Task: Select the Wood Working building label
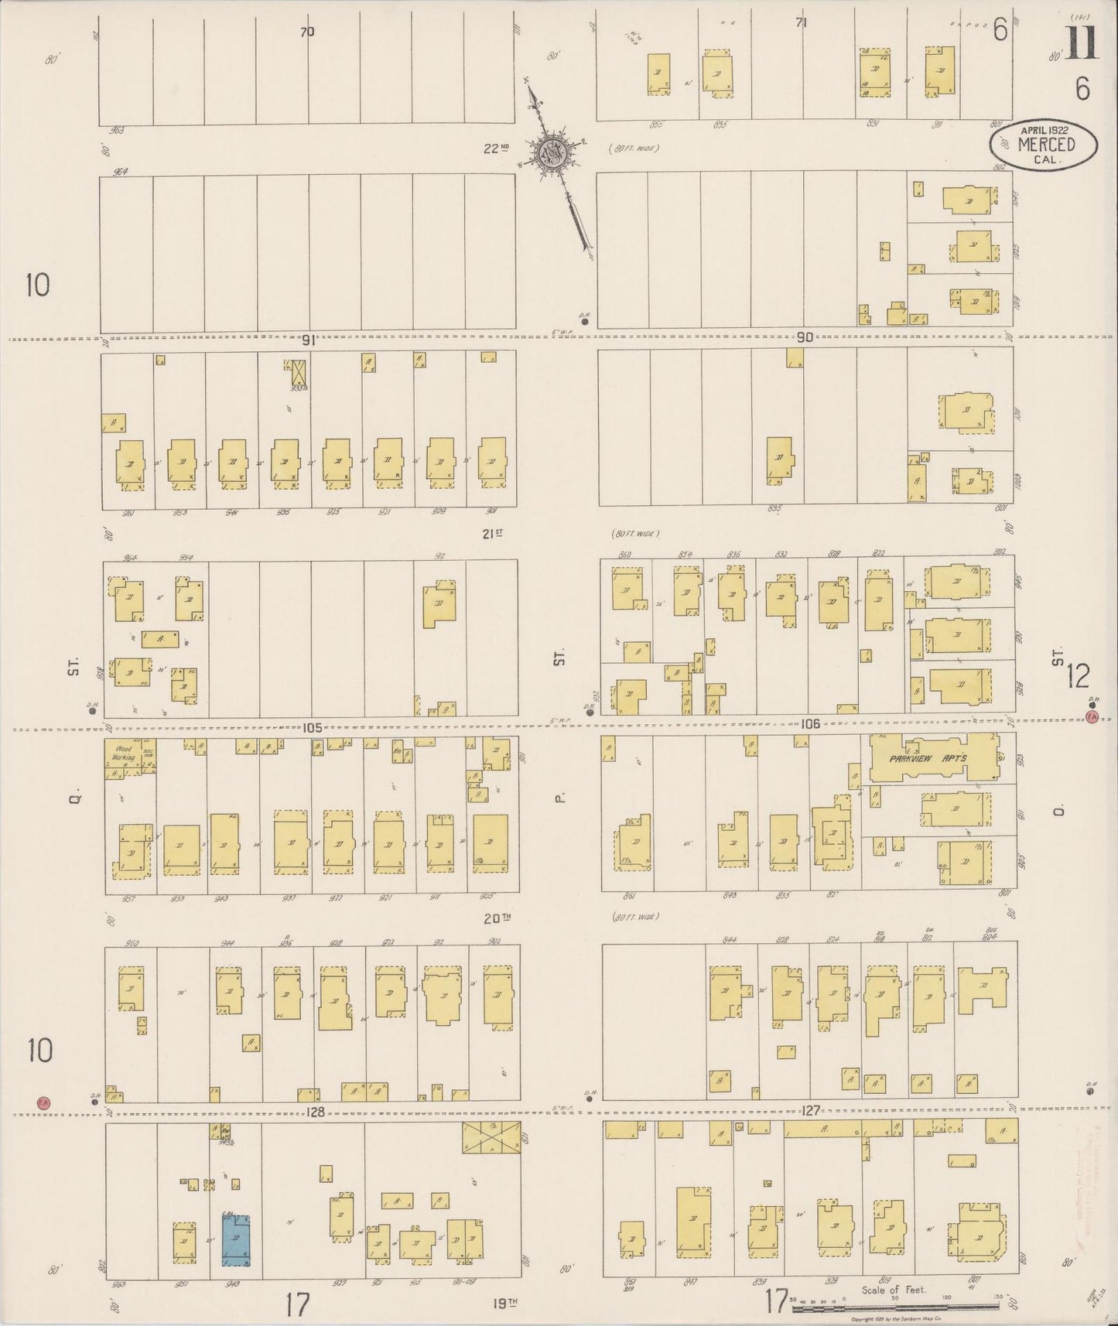[x=125, y=754]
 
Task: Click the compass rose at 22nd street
[x=556, y=153]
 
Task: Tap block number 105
[x=312, y=728]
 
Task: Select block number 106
[x=810, y=724]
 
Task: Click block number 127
[x=810, y=1109]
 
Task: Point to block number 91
[x=310, y=339]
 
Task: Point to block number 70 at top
[x=308, y=32]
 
